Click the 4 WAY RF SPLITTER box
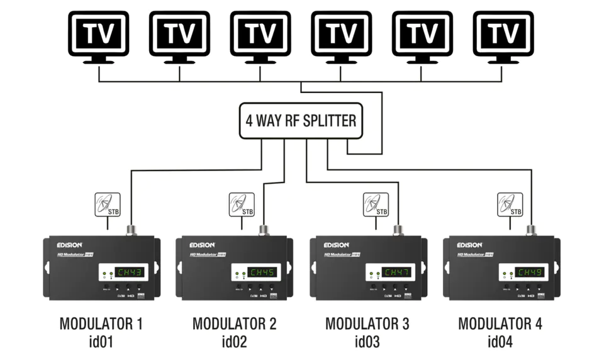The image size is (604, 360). (301, 120)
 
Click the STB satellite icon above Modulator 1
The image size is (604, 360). (107, 205)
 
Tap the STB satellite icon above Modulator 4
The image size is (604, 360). (510, 205)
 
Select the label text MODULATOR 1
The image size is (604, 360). (101, 324)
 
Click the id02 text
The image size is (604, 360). (234, 342)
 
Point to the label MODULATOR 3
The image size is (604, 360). (367, 324)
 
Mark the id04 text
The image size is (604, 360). (500, 342)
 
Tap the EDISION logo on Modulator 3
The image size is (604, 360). (333, 245)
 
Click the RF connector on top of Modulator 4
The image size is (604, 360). (531, 230)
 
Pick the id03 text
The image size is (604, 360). (367, 342)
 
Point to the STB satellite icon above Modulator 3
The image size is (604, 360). (376, 205)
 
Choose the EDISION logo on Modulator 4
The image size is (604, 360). (467, 245)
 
